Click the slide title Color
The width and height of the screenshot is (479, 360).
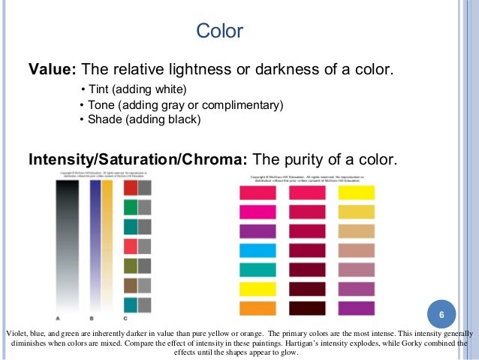tap(219, 32)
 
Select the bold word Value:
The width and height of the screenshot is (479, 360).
tap(52, 70)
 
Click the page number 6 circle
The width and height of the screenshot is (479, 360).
tap(441, 313)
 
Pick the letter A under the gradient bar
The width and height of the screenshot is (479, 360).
tap(58, 318)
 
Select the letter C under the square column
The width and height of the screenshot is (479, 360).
tap(125, 318)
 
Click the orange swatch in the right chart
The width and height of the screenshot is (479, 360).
tap(258, 307)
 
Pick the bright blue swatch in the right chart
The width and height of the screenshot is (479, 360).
tap(258, 250)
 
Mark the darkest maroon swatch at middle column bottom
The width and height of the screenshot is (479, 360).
tap(307, 307)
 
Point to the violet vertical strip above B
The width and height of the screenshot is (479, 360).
tap(95, 241)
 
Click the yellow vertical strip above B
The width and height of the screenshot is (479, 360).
tap(107, 241)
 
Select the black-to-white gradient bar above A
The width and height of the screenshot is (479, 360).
tap(68, 241)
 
